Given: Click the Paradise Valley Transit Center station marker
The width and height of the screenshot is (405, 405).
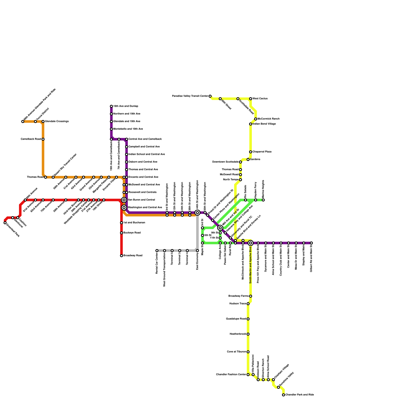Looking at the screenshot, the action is pyautogui.click(x=210, y=96).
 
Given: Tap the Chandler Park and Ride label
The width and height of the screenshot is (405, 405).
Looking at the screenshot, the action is pyautogui.click(x=299, y=395).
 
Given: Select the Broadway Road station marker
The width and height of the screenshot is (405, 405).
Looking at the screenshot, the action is pyautogui.click(x=121, y=256).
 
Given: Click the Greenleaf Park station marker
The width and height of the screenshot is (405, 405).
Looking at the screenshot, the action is pyautogui.click(x=5, y=223).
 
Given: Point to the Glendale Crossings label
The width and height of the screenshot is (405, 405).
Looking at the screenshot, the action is pyautogui.click(x=57, y=121).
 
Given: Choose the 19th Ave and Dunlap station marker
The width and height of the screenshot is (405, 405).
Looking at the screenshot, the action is pyautogui.click(x=111, y=106).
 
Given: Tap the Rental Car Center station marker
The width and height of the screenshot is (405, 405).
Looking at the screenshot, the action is pyautogui.click(x=157, y=251).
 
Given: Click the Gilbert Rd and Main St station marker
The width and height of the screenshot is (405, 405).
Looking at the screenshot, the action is pyautogui.click(x=311, y=243).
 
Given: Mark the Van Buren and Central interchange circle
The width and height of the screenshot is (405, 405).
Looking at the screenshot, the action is pyautogui.click(x=124, y=200).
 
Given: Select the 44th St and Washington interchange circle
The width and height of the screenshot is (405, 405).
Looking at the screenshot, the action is pyautogui.click(x=197, y=213).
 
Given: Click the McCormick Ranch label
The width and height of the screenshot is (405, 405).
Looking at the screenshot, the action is pyautogui.click(x=268, y=119).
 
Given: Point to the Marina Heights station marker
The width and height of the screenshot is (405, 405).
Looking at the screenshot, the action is pyautogui.click(x=263, y=200).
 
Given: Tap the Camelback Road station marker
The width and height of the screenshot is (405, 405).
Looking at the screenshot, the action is pyautogui.click(x=43, y=139).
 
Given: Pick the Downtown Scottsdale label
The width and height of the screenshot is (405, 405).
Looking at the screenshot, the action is pyautogui.click(x=225, y=162).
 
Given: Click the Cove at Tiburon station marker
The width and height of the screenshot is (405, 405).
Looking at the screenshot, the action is pyautogui.click(x=248, y=352).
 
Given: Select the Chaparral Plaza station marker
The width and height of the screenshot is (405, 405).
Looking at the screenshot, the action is pyautogui.click(x=251, y=152).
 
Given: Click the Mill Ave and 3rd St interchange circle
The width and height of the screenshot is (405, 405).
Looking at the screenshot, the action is pyautogui.click(x=220, y=228).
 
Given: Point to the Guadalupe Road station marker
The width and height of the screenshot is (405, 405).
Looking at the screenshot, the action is pyautogui.click(x=248, y=319).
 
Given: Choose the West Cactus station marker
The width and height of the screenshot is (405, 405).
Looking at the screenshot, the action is pyautogui.click(x=251, y=99).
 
